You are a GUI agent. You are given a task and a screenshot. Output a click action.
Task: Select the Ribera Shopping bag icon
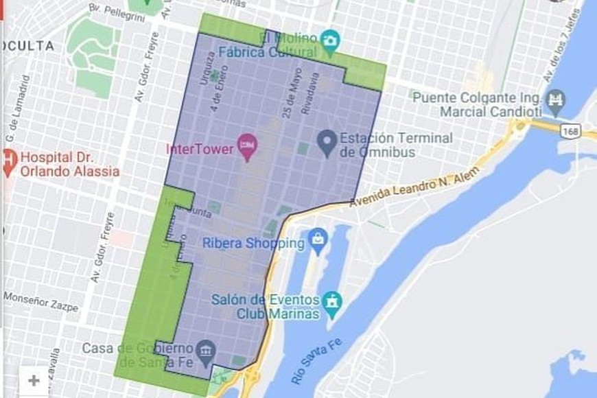318,239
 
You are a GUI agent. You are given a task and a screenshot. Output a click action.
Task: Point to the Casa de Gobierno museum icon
204,350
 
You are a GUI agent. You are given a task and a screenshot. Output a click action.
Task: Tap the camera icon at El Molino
330,40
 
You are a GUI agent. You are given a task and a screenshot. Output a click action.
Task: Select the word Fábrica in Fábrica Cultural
241,51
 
